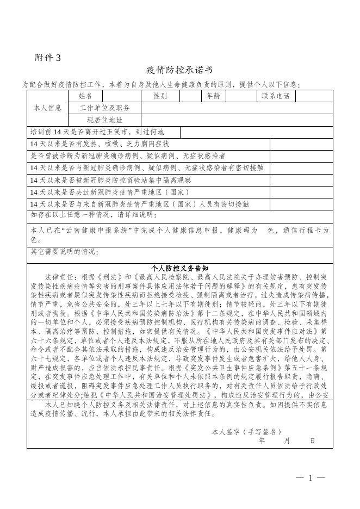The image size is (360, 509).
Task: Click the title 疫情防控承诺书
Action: tap(179, 71)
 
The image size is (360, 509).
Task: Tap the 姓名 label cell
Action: tap(85, 96)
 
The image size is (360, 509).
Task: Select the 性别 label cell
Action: tap(160, 96)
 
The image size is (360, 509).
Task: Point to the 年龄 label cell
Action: tap(213, 96)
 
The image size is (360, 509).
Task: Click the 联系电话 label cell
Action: tap(276, 96)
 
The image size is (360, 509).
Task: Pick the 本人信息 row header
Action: tap(47, 108)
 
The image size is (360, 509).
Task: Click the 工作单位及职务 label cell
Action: tap(105, 108)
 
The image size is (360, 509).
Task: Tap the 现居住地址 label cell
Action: tap(105, 120)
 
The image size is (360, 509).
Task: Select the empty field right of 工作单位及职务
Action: tap(237, 108)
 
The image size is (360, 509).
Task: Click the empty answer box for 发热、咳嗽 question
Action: tap(301, 144)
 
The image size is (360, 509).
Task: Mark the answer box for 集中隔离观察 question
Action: tap(301, 180)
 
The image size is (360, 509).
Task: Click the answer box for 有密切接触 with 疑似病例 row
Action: tap(301, 168)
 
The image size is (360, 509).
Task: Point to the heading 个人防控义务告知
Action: tap(179, 268)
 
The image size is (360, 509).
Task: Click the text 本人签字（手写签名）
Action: tap(246, 431)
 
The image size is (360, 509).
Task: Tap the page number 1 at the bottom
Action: tap(311, 478)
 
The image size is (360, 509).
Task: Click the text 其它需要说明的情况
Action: tap(64, 252)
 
